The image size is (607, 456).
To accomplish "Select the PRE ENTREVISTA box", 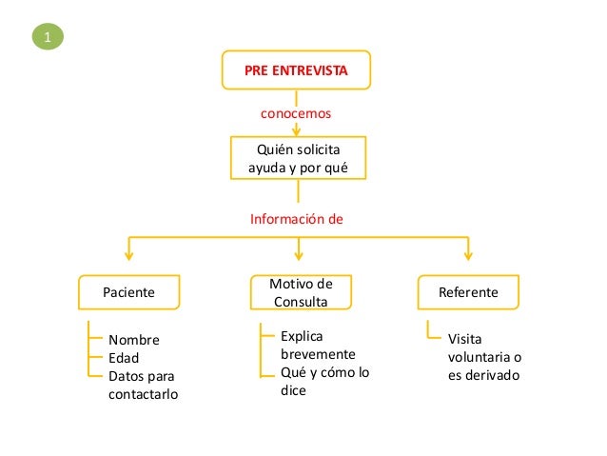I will click(296, 70).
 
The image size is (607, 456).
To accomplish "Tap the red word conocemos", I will click(296, 112).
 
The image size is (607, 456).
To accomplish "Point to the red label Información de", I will click(296, 218).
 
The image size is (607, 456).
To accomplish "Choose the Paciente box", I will click(128, 292).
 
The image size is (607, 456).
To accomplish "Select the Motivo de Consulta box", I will click(300, 292).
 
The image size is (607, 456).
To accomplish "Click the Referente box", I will click(467, 292).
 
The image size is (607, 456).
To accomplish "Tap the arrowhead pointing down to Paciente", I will click(129, 253).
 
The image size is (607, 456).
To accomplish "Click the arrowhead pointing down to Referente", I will click(467, 253).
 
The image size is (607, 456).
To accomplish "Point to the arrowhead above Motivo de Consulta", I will click(300, 253).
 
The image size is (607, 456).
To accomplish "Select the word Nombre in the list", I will click(134, 341).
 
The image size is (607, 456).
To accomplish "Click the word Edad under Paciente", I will click(124, 358).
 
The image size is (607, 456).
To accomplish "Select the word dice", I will click(293, 390).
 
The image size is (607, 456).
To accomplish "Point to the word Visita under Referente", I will click(465, 340).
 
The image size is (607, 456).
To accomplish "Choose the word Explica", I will click(303, 336).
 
